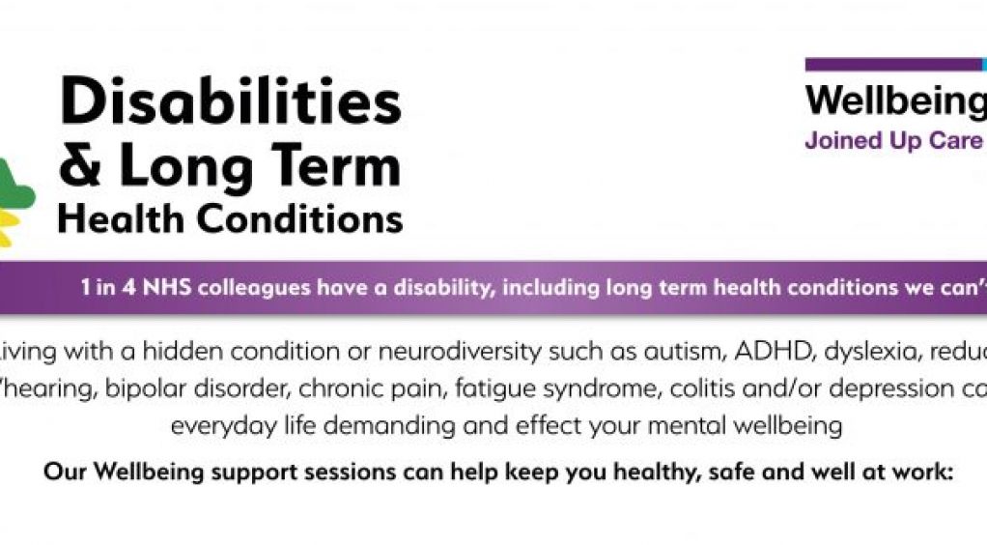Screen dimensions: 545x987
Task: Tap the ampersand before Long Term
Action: tap(80, 166)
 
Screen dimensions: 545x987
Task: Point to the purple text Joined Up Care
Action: tap(893, 140)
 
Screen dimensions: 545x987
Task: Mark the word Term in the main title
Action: tap(341, 166)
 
